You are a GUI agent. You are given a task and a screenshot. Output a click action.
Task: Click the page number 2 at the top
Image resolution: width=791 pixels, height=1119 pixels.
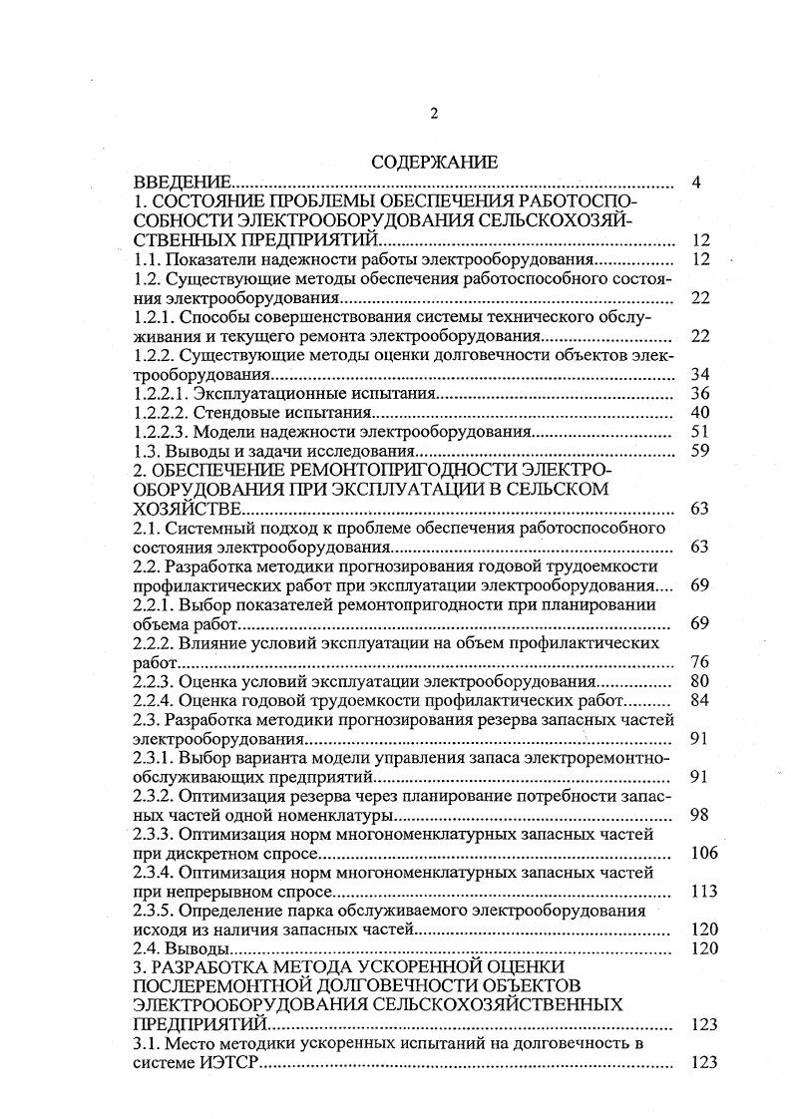tap(434, 114)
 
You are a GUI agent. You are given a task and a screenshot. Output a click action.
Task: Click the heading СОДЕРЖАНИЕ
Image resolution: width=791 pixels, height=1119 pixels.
tap(434, 163)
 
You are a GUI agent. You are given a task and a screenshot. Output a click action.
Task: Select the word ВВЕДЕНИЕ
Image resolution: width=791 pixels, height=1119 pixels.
tap(183, 184)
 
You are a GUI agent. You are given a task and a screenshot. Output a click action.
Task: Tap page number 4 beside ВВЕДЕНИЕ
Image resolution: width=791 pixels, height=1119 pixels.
tap(697, 184)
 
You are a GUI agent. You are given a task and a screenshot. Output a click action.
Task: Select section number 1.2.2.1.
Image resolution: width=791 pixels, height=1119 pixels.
tap(163, 394)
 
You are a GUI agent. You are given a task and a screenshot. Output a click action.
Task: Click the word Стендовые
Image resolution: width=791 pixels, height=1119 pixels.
tap(224, 413)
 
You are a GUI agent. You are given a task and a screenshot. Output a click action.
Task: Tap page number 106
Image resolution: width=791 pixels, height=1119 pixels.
tap(703, 854)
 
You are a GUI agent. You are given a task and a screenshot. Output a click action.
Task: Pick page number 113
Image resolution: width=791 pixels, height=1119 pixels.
tap(703, 892)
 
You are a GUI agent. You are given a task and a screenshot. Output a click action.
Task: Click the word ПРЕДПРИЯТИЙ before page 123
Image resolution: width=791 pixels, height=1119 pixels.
tap(199, 1024)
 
